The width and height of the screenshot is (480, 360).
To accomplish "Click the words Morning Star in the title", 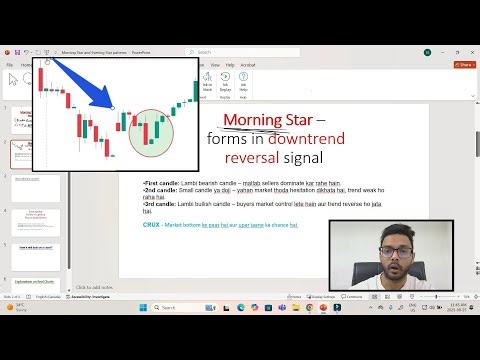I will click(x=265, y=121).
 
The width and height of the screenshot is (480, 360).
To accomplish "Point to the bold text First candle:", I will click(x=161, y=184).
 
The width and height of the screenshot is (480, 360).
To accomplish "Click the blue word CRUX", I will click(x=152, y=225).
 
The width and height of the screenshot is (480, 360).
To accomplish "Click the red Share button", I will click(x=465, y=64).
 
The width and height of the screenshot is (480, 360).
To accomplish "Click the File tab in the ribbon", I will click(x=10, y=64).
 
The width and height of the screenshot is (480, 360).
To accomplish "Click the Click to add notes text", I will click(x=96, y=287).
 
